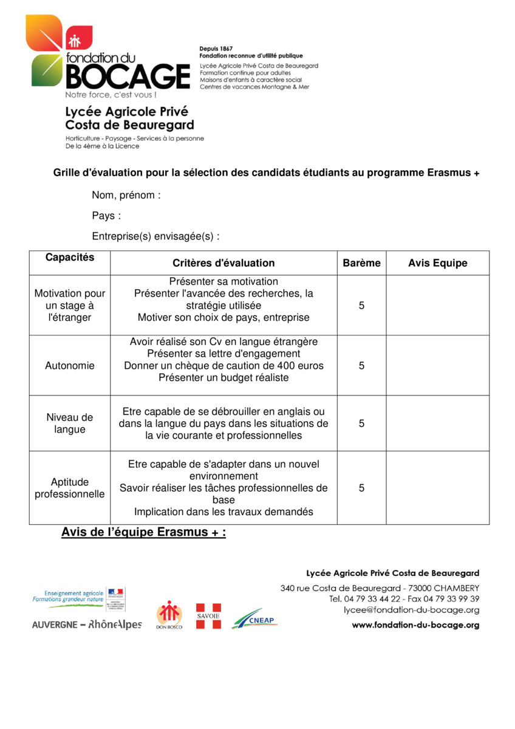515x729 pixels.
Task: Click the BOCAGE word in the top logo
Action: [127, 77]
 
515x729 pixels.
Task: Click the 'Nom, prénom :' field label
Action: [126, 196]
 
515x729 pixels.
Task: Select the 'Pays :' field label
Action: [106, 216]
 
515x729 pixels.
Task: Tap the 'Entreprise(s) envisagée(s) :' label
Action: [155, 236]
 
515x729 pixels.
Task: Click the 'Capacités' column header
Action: [70, 257]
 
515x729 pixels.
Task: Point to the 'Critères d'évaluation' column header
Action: [223, 263]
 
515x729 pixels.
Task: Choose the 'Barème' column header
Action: [361, 263]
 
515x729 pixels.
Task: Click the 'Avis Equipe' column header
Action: [437, 263]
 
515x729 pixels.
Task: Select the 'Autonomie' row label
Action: [70, 366]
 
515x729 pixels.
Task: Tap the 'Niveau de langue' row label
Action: [70, 423]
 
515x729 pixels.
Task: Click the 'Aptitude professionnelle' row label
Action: [70, 488]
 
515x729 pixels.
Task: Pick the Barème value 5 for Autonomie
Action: [361, 366]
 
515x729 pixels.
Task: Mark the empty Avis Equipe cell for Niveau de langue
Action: [437, 423]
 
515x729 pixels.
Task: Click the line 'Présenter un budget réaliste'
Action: [223, 378]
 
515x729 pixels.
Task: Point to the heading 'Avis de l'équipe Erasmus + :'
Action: [143, 533]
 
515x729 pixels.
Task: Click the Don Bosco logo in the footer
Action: [169, 614]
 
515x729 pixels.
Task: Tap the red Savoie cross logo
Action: [208, 615]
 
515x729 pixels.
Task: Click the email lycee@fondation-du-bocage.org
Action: [411, 610]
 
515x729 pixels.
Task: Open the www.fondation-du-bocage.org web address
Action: [415, 625]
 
